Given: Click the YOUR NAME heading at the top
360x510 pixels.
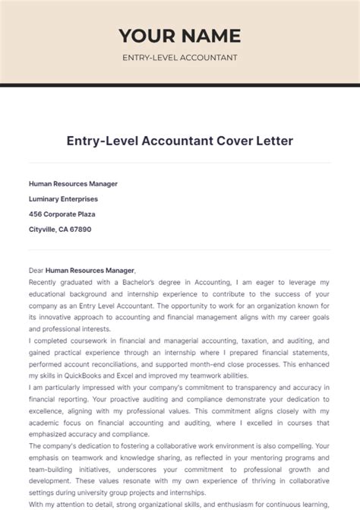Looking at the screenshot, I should coord(180,35).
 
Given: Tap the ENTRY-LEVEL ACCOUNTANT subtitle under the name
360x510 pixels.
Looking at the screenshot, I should coord(180,58).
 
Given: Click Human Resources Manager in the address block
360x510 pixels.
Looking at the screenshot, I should coord(73,183).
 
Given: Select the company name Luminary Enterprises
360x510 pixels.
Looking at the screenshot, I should coord(63,198).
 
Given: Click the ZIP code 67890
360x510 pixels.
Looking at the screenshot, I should coord(81,229).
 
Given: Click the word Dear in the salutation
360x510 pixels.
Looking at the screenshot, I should coord(36,270).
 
